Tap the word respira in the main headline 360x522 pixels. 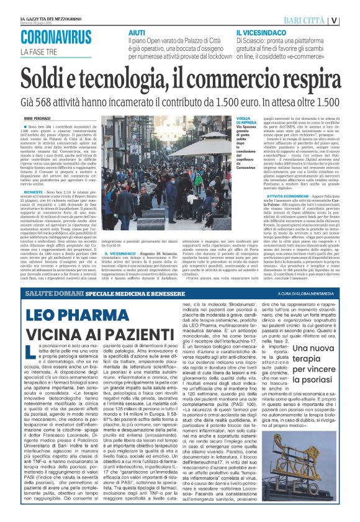304,79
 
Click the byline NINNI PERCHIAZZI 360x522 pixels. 38,117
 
